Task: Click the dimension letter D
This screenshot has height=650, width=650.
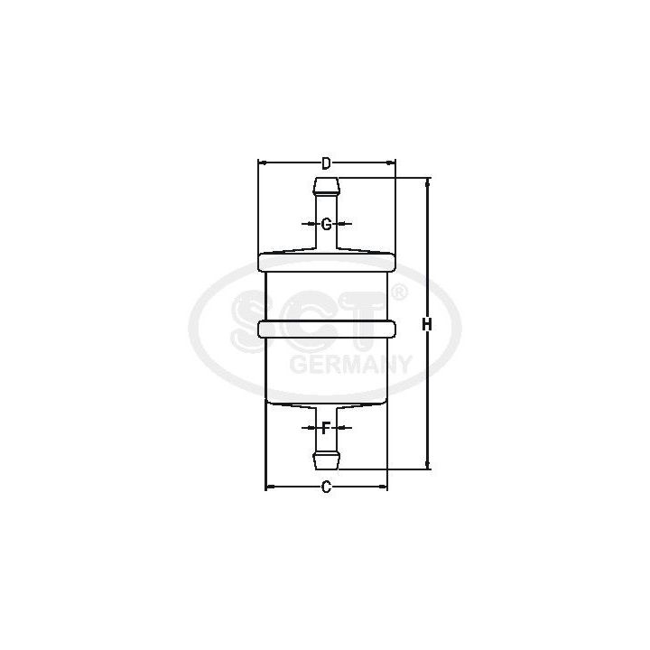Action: pos(327,163)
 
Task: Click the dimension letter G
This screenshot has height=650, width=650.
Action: pos(327,223)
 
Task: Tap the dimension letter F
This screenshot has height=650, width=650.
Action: pos(326,428)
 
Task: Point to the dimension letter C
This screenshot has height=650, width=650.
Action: pos(327,487)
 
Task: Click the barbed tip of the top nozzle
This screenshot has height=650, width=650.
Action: pos(327,188)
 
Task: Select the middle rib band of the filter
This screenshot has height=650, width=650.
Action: pos(327,330)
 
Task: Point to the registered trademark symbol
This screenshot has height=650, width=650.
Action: pos(398,292)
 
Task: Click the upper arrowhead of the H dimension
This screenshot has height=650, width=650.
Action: pos(428,182)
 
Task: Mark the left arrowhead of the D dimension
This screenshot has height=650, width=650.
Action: pos(263,163)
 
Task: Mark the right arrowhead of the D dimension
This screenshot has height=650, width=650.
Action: pos(392,163)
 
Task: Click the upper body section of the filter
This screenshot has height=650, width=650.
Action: pos(327,296)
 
